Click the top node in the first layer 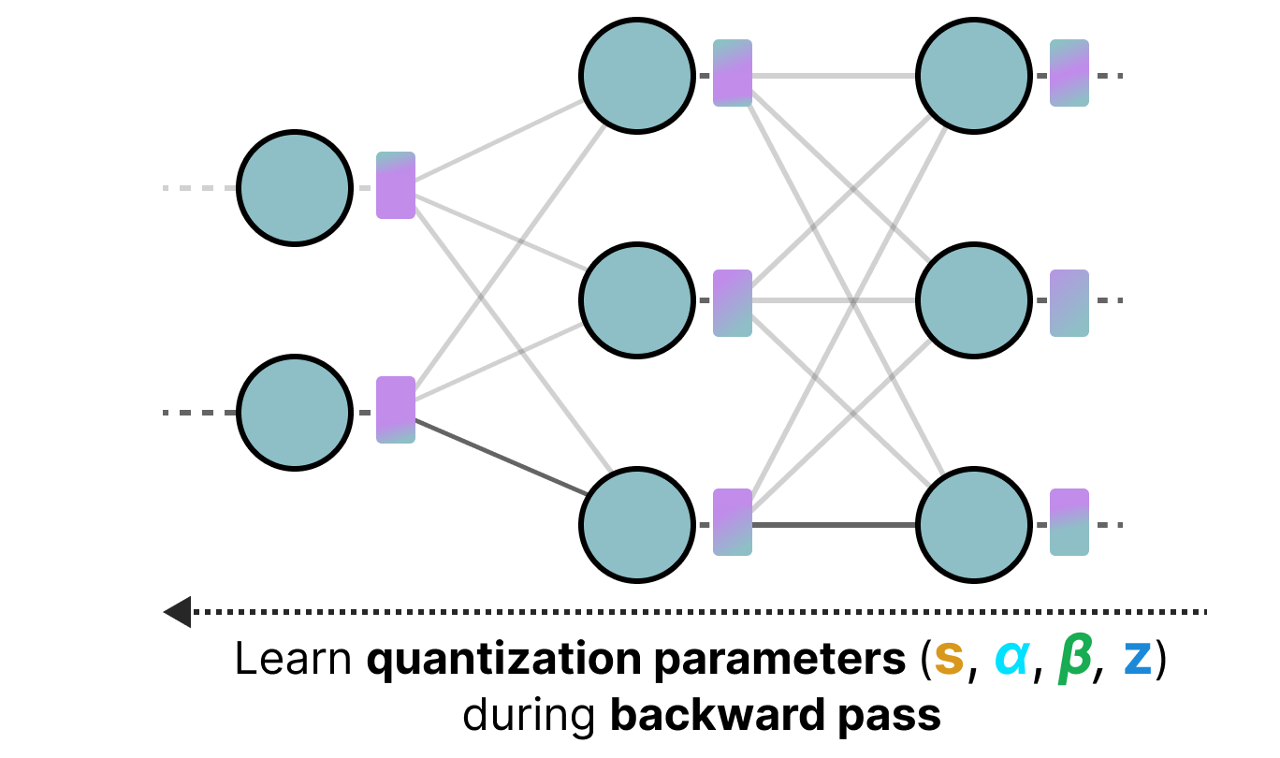click(x=294, y=188)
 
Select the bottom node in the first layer click(x=294, y=413)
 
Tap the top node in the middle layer click(x=636, y=75)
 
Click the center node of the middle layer click(x=636, y=300)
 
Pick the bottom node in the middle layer click(x=636, y=525)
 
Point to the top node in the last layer click(x=973, y=75)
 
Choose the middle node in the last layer click(x=973, y=300)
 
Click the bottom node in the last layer click(x=973, y=525)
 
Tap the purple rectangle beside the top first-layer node click(x=396, y=185)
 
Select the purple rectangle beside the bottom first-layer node click(x=396, y=410)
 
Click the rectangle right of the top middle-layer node click(x=733, y=73)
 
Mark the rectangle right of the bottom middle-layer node click(x=733, y=522)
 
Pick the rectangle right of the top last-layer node click(x=1069, y=73)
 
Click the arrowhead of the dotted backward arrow click(x=177, y=612)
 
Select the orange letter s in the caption click(x=949, y=661)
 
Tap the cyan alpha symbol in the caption click(x=1011, y=661)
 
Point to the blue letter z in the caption click(x=1137, y=661)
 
